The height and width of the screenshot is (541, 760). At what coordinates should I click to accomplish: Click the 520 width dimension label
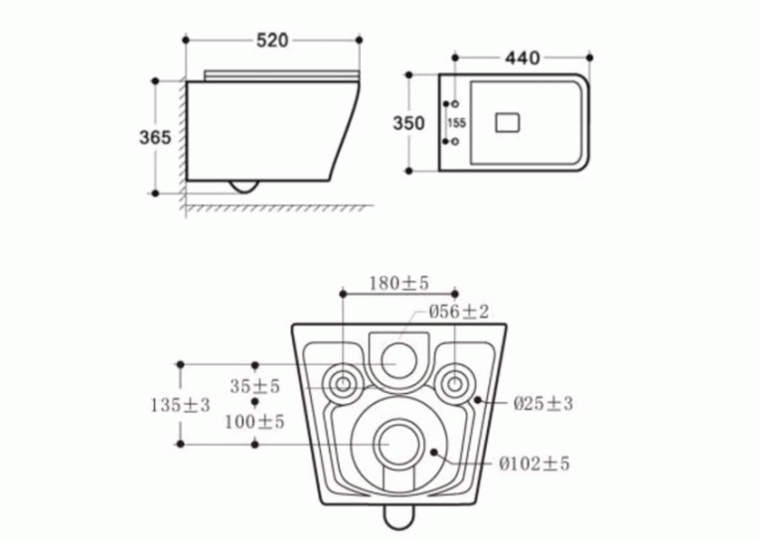[x=272, y=40]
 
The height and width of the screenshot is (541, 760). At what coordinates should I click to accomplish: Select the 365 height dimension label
[x=155, y=138]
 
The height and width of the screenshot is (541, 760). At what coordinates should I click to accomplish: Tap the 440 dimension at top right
[x=522, y=59]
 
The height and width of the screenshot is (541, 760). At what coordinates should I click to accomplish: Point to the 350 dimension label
[x=408, y=123]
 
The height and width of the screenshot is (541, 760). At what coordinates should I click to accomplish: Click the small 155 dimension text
[x=457, y=123]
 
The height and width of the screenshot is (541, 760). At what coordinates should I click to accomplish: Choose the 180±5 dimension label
[x=399, y=283]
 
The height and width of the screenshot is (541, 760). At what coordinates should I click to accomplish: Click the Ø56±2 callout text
[x=459, y=312]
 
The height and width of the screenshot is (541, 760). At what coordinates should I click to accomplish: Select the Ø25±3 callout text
[x=542, y=403]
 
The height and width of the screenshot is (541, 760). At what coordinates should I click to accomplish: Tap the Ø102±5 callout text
[x=534, y=464]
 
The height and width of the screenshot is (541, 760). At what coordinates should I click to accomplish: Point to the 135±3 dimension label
[x=180, y=405]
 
